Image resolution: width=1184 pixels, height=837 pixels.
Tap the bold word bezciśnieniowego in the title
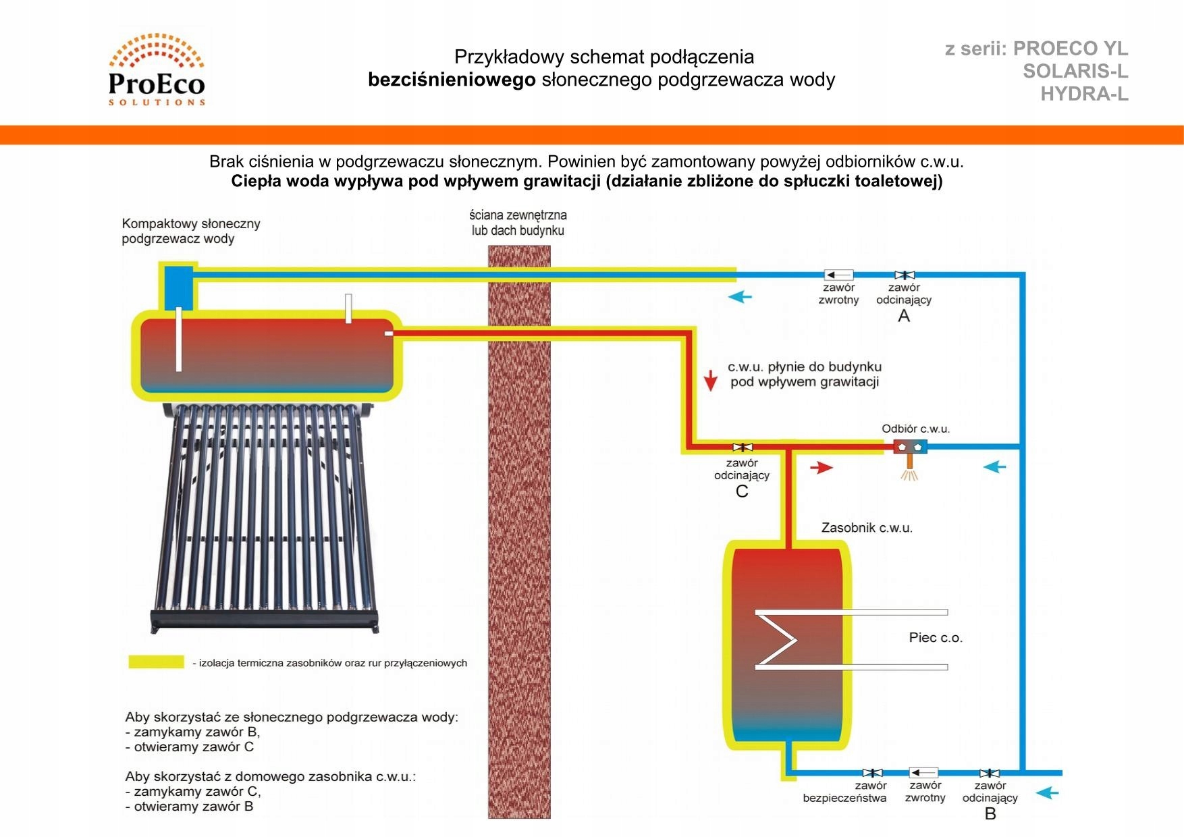[452, 80]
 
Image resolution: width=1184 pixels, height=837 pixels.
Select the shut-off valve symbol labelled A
[905, 275]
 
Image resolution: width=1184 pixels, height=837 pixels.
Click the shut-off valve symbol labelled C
[743, 447]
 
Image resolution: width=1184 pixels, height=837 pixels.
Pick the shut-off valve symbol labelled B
[990, 774]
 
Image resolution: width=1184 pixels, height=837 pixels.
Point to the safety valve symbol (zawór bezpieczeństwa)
[872, 773]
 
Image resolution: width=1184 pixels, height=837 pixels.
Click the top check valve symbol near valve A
[838, 275]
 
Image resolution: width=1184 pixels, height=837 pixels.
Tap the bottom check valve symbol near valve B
[923, 773]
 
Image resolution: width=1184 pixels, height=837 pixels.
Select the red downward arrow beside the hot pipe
[710, 380]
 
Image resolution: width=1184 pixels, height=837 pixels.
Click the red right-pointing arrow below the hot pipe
[822, 467]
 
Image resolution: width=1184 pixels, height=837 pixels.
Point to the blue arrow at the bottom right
[1047, 793]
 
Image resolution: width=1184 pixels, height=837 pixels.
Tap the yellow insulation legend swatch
[156, 662]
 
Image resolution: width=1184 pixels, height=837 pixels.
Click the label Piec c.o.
[936, 637]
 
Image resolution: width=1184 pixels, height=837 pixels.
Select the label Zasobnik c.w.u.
[867, 528]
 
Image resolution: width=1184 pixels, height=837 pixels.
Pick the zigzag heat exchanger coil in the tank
[780, 639]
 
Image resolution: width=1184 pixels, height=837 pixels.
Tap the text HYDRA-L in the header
[1084, 94]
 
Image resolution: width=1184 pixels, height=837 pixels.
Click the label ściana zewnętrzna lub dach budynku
[518, 223]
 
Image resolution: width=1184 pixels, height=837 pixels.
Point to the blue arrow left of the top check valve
[740, 296]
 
